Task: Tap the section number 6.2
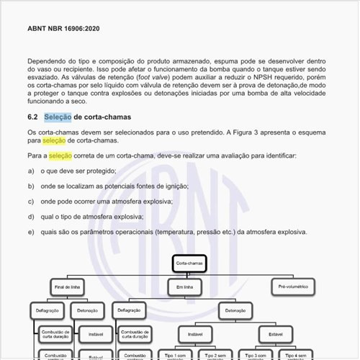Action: pyautogui.click(x=33, y=116)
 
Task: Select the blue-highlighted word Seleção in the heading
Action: pyautogui.click(x=58, y=116)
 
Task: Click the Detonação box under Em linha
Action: pyautogui.click(x=235, y=310)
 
